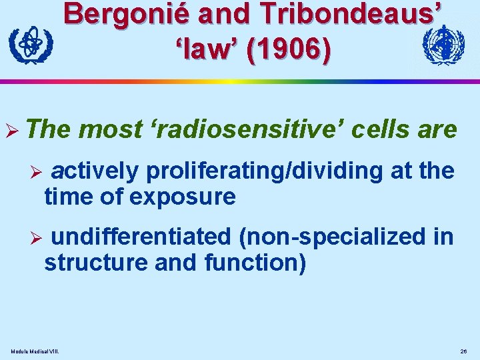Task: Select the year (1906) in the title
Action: tap(288, 51)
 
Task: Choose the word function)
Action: tap(255, 263)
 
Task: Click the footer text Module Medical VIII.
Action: tap(35, 351)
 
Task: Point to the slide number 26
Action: tap(463, 351)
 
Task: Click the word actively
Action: tap(95, 172)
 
